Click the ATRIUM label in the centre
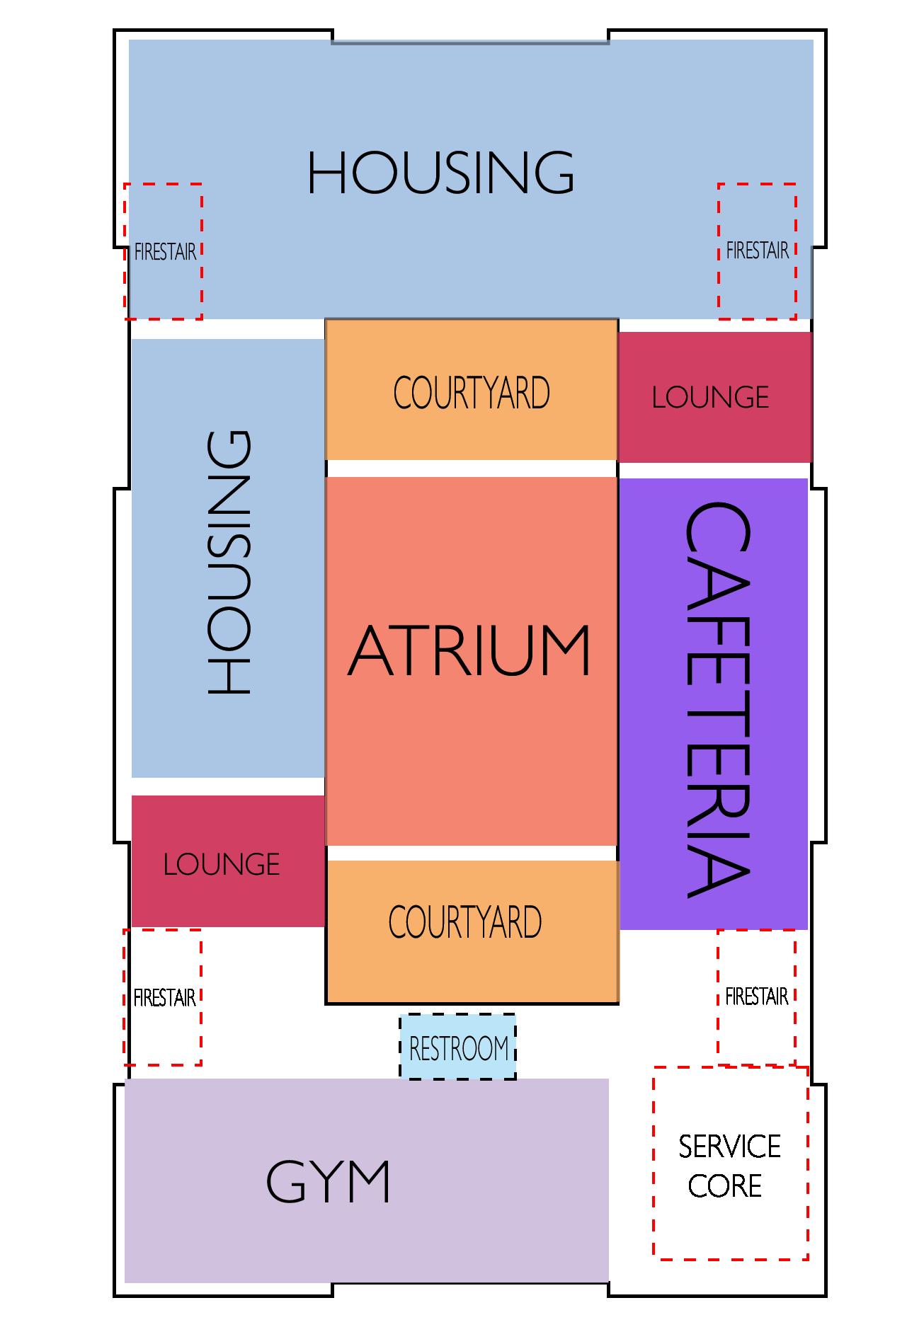tap(469, 651)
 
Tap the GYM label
tap(329, 1181)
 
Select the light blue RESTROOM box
tap(458, 1047)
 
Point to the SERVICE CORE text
tap(729, 1166)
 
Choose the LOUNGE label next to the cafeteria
tap(710, 398)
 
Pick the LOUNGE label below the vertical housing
tap(222, 865)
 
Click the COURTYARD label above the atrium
tap(472, 393)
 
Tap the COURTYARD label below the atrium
tap(465, 921)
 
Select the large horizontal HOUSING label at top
tap(440, 173)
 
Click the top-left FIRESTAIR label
tap(165, 252)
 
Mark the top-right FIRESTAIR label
tap(757, 251)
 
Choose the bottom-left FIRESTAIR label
tap(164, 998)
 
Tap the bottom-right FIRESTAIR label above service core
tap(756, 996)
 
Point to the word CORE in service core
tap(724, 1186)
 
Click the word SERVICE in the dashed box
tap(729, 1147)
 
